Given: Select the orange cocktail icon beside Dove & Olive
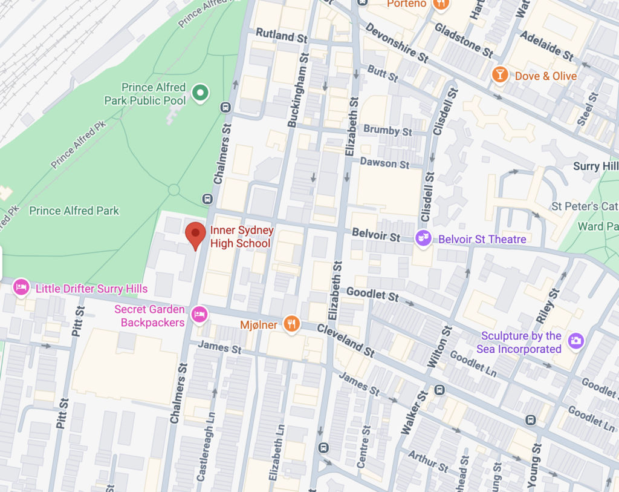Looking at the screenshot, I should click(500, 76).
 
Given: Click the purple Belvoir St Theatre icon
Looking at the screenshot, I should click(424, 238).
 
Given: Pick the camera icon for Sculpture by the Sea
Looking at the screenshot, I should click(576, 341).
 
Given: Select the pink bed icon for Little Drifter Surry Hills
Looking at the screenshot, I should click(21, 288).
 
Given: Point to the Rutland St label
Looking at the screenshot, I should click(282, 35).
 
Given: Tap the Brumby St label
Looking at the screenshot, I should click(387, 130).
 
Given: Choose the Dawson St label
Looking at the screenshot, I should click(384, 163).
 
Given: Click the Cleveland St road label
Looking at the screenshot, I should click(345, 341).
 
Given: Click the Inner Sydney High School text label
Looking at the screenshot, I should click(242, 237).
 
